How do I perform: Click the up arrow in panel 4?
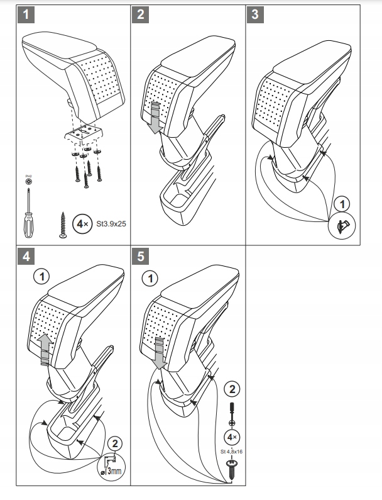(x=43, y=349)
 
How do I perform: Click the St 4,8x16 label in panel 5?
(x=232, y=450)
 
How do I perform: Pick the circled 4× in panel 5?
(x=232, y=436)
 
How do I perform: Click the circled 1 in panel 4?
(x=41, y=276)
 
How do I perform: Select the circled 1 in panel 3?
(x=341, y=204)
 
